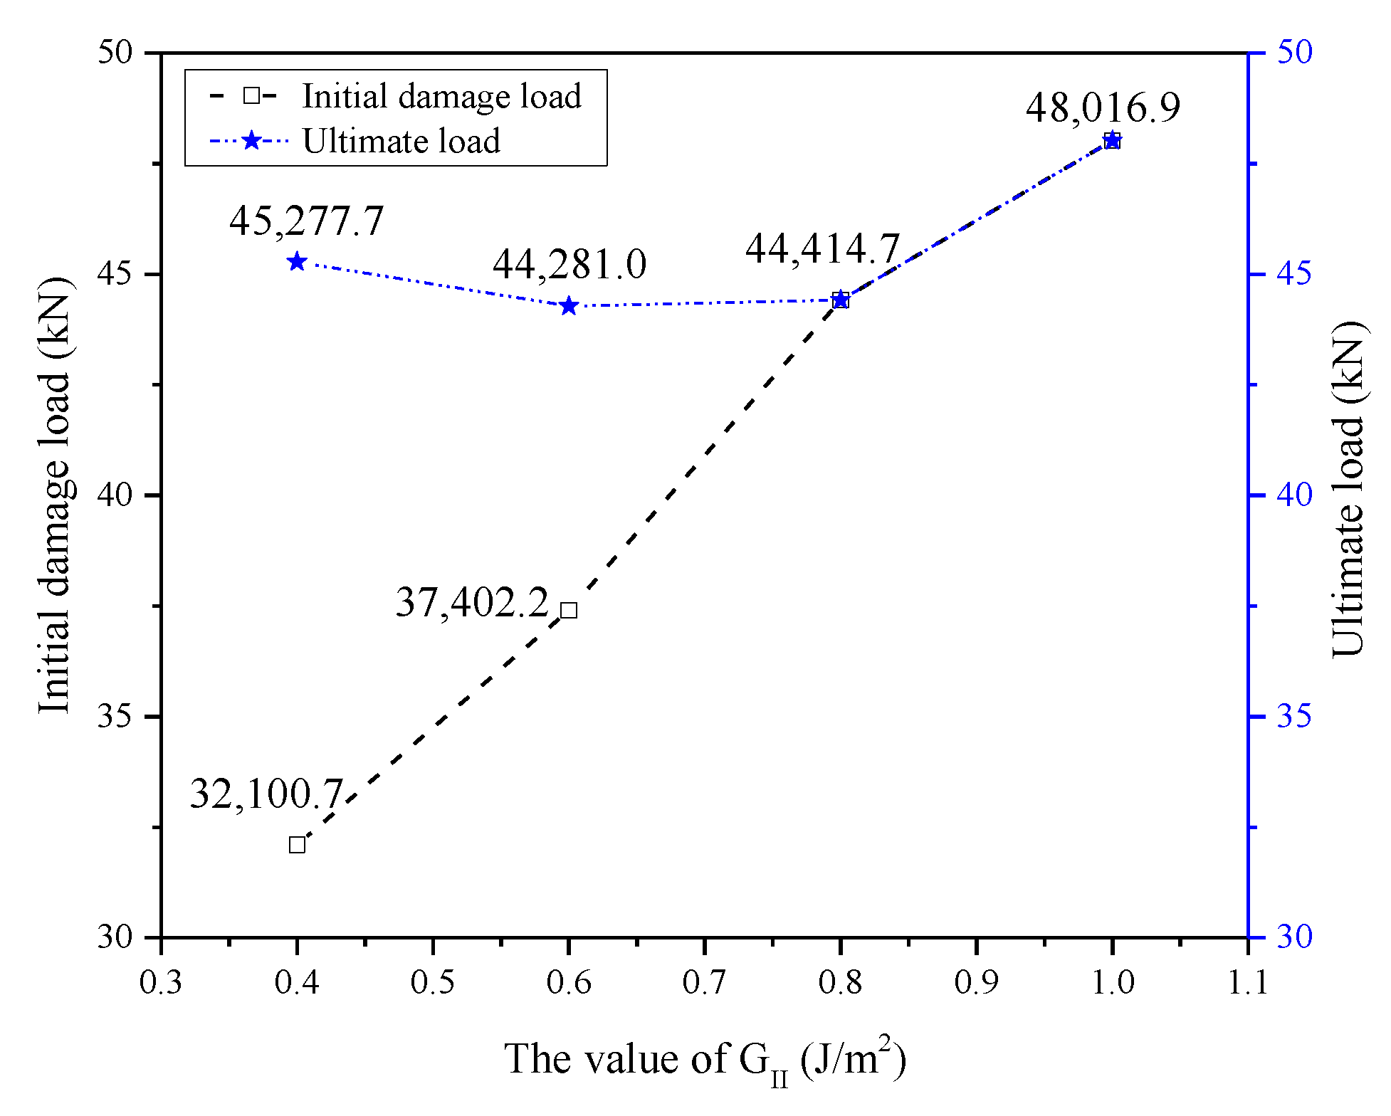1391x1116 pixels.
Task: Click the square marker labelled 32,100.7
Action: (297, 845)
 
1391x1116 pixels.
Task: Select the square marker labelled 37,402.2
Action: (569, 610)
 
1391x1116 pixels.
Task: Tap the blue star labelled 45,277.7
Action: (297, 262)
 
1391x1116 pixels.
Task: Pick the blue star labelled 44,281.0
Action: (569, 306)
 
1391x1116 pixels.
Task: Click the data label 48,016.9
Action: (1103, 108)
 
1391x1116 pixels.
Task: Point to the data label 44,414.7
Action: (823, 249)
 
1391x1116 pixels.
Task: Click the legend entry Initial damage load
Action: (441, 96)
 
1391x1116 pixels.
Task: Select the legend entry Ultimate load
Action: (401, 141)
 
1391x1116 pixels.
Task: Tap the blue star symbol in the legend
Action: (251, 141)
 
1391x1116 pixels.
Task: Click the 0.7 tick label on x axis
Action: (704, 982)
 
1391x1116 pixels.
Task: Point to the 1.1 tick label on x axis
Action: (1247, 982)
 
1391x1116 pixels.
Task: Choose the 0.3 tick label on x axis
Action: (161, 982)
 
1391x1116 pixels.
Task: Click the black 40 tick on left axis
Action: (115, 495)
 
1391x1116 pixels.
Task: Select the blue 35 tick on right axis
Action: (1293, 716)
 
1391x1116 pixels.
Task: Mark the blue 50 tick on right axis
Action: (1293, 52)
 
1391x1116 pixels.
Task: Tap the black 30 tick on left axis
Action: (115, 937)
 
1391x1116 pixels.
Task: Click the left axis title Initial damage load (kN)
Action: (56, 495)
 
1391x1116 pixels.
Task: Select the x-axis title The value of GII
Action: (705, 1060)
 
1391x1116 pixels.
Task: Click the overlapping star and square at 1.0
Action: (1112, 141)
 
